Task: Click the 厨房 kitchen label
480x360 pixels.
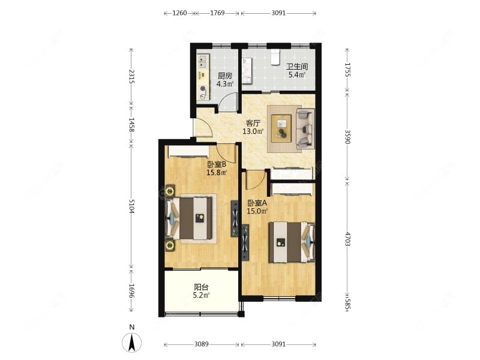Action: pyautogui.click(x=225, y=76)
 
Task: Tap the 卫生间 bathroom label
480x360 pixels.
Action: pyautogui.click(x=297, y=67)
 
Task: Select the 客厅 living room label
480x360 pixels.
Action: pyautogui.click(x=253, y=124)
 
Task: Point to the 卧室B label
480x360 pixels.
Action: pyautogui.click(x=217, y=164)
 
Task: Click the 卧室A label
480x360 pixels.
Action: pyautogui.click(x=257, y=203)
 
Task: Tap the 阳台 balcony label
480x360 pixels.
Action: pyautogui.click(x=201, y=287)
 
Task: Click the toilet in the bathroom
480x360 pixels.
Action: pyautogui.click(x=275, y=57)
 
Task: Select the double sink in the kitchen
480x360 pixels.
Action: pyautogui.click(x=203, y=62)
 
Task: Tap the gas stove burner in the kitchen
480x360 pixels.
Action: pyautogui.click(x=203, y=88)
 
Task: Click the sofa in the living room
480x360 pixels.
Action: pyautogui.click(x=305, y=128)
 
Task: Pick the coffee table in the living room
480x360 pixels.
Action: pyautogui.click(x=281, y=128)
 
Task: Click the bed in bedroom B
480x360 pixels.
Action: pyautogui.click(x=188, y=218)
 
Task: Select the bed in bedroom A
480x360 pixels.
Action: pyautogui.click(x=292, y=242)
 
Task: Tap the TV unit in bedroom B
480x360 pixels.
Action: pyautogui.click(x=235, y=218)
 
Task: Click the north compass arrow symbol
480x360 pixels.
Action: pyautogui.click(x=132, y=342)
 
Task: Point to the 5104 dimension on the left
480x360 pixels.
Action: pyautogui.click(x=131, y=206)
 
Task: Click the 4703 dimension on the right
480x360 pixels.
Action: pyautogui.click(x=348, y=239)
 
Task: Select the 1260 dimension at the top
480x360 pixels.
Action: pyautogui.click(x=179, y=13)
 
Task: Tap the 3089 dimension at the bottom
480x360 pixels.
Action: pyautogui.click(x=202, y=344)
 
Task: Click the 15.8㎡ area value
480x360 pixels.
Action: pyautogui.click(x=217, y=173)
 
